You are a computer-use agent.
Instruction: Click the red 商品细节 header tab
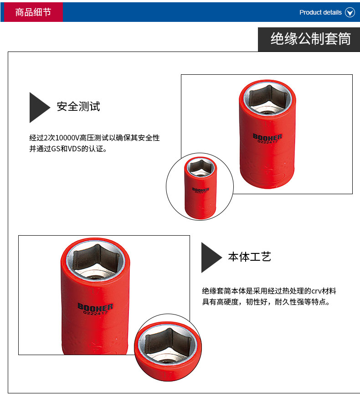[33, 12]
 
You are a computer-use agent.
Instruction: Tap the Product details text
[320, 12]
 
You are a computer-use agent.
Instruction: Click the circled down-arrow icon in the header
[350, 12]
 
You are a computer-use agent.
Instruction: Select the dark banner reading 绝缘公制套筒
[309, 40]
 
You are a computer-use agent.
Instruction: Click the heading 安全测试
[78, 107]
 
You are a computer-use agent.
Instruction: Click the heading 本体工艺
[250, 257]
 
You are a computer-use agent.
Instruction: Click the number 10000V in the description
[67, 138]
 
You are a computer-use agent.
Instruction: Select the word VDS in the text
[75, 149]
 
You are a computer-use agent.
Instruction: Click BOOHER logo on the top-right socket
[267, 137]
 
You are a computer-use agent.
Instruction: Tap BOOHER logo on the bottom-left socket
[95, 307]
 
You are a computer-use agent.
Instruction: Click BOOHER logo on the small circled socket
[201, 190]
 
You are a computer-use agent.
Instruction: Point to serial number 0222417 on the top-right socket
[267, 142]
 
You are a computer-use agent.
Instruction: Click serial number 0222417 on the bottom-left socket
[96, 313]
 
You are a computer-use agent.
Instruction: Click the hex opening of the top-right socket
[267, 98]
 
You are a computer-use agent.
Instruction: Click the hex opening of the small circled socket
[201, 167]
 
